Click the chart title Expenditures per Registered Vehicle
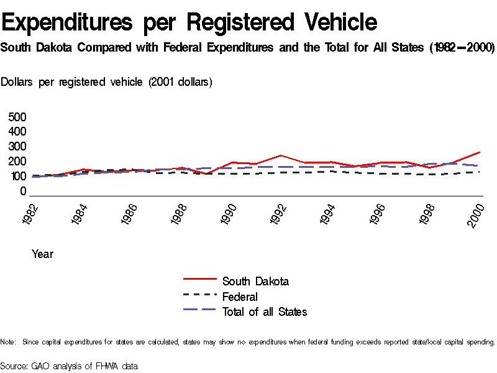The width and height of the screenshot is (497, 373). point(189,22)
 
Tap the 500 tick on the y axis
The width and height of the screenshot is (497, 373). point(17,117)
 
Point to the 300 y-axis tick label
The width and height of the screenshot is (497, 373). point(17,147)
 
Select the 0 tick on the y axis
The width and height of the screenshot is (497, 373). point(23,191)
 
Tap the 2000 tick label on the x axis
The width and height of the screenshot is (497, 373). point(476,215)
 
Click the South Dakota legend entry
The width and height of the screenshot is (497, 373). point(255,282)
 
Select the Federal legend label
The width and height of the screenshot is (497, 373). point(240,297)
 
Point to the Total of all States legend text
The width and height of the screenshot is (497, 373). point(265,312)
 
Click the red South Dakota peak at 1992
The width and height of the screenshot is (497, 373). point(281,155)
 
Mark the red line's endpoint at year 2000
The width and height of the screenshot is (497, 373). point(479,152)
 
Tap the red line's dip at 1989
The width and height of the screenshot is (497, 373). point(206,174)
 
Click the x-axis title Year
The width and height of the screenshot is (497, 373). point(42,254)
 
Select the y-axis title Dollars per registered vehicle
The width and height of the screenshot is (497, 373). point(107,82)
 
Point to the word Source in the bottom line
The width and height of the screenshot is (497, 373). point(13,366)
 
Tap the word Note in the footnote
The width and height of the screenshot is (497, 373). point(8,342)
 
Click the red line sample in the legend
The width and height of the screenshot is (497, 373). point(199,281)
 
